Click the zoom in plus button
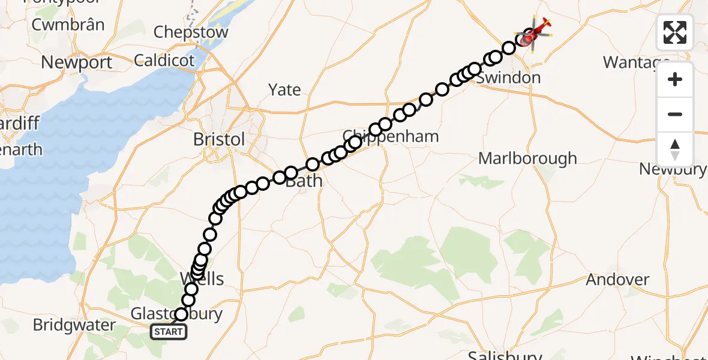pyautogui.click(x=675, y=79)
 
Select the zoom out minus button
pyautogui.click(x=675, y=114)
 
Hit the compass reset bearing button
pyautogui.click(x=675, y=149)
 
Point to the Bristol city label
pyautogui.click(x=219, y=139)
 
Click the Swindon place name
pyautogui.click(x=509, y=77)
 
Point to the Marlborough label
pyautogui.click(x=527, y=158)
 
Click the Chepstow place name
pyautogui.click(x=191, y=32)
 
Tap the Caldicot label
pyautogui.click(x=165, y=60)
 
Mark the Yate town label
pyautogui.click(x=284, y=89)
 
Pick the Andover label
pyautogui.click(x=617, y=279)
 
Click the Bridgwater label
pyautogui.click(x=74, y=325)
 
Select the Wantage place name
pyautogui.click(x=635, y=62)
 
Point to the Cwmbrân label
pyautogui.click(x=68, y=25)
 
